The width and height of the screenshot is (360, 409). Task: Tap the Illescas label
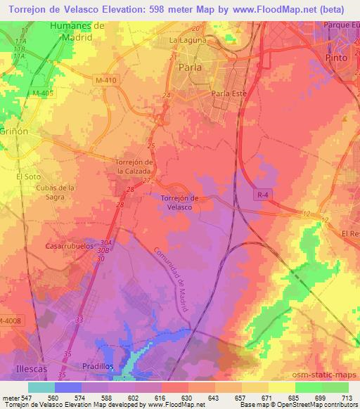(x=30, y=368)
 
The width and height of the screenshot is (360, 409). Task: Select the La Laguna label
(x=188, y=41)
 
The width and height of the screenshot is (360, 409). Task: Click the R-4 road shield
(x=262, y=201)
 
